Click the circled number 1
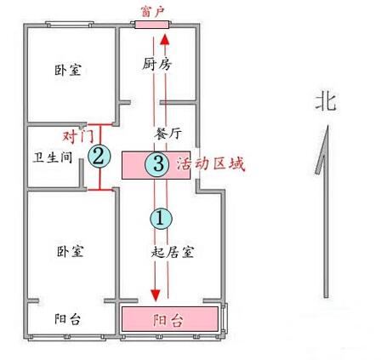[x=161, y=219]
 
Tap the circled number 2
[x=99, y=156]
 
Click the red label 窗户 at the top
[x=153, y=11]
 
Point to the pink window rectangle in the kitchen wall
[x=151, y=25]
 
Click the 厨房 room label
[x=156, y=64]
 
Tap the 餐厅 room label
[x=168, y=133]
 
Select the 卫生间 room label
[x=53, y=157]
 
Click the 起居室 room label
[x=173, y=251]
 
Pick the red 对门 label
[x=78, y=137]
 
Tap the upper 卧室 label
[x=68, y=70]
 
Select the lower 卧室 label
[x=71, y=251]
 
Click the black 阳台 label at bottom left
[x=67, y=319]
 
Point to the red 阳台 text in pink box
[x=168, y=320]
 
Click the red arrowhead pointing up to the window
[x=165, y=39]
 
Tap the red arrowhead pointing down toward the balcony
[x=156, y=295]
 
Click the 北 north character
[x=326, y=102]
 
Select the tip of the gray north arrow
[x=327, y=125]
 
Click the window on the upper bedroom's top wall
[x=70, y=25]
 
